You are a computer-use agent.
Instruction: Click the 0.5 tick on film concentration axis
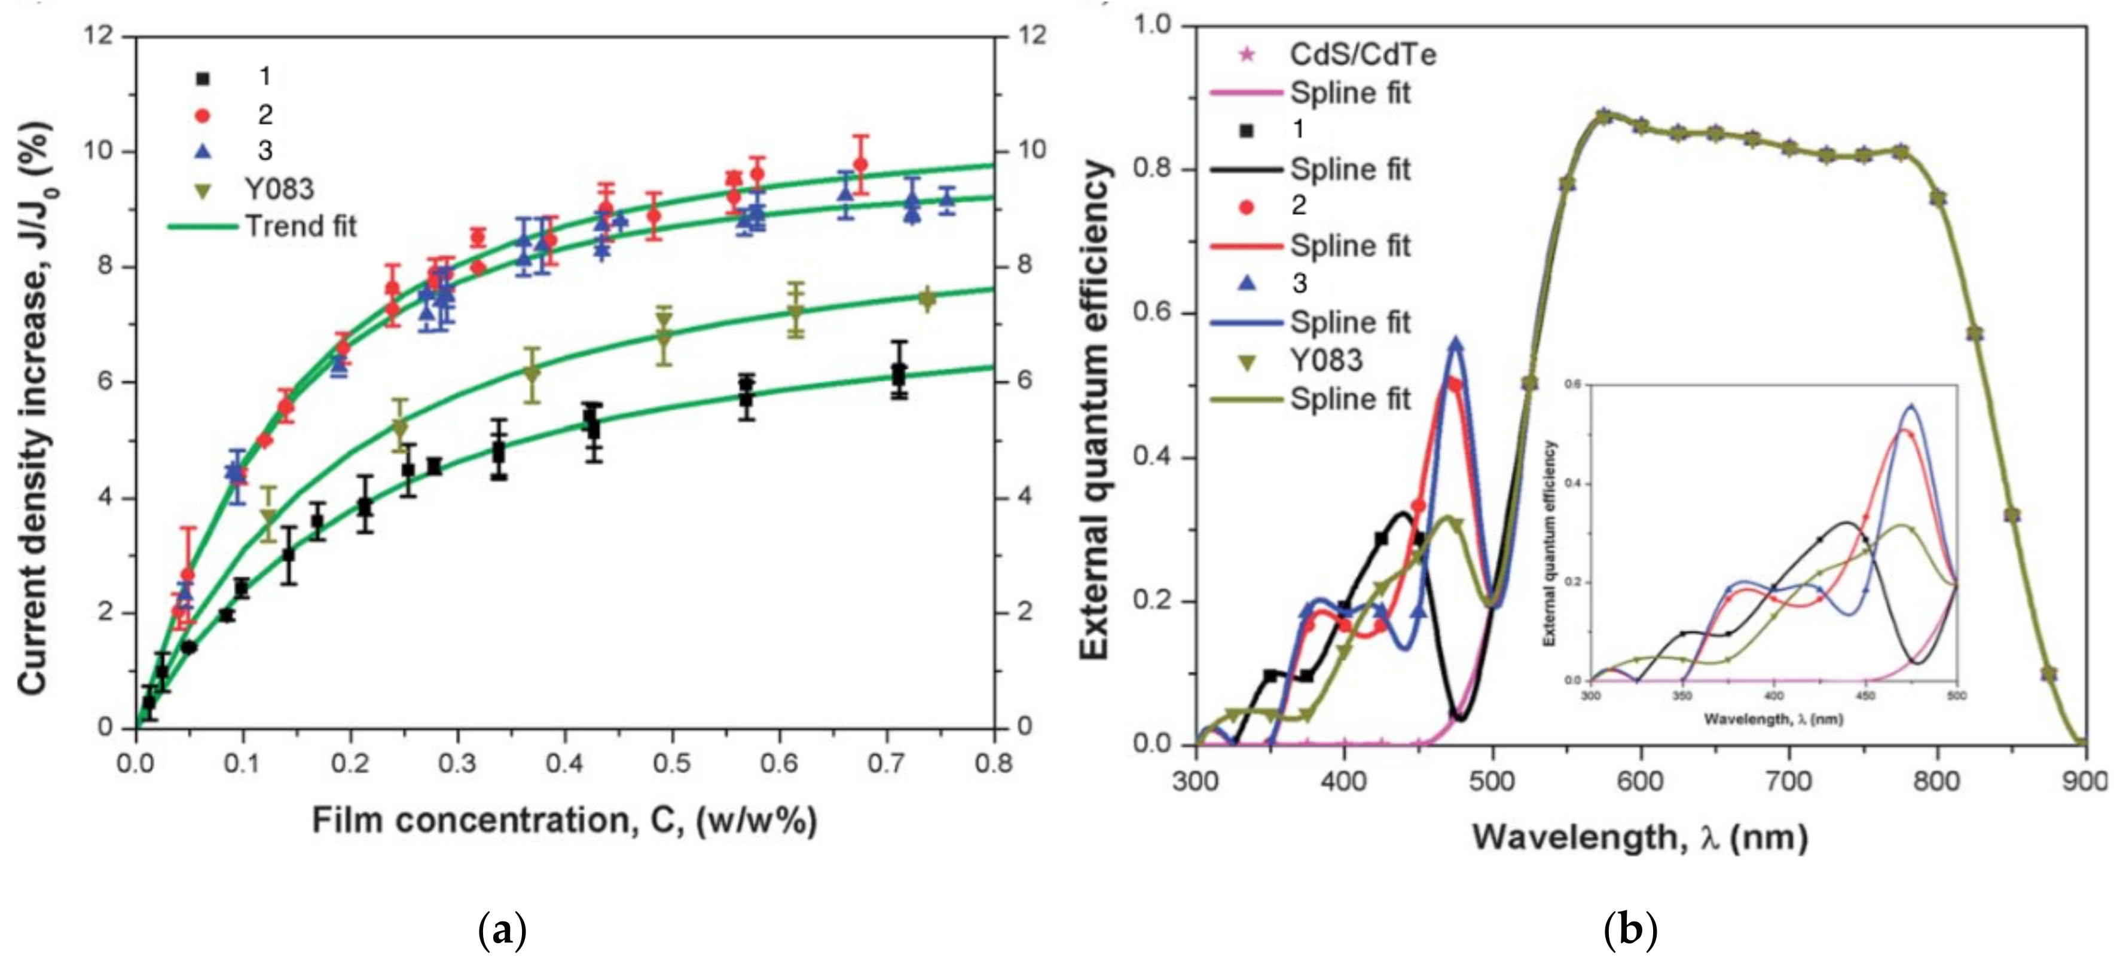click(672, 763)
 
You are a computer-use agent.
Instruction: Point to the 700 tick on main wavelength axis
click(1788, 780)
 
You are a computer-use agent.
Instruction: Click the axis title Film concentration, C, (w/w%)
click(564, 821)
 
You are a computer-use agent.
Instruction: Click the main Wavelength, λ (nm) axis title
click(1640, 837)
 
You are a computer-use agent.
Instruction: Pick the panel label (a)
click(502, 931)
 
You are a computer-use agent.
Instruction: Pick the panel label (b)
click(1630, 931)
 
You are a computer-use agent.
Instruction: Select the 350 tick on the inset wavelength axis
click(1681, 695)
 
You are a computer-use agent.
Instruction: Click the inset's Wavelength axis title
click(1773, 719)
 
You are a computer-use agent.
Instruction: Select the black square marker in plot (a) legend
click(203, 78)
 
